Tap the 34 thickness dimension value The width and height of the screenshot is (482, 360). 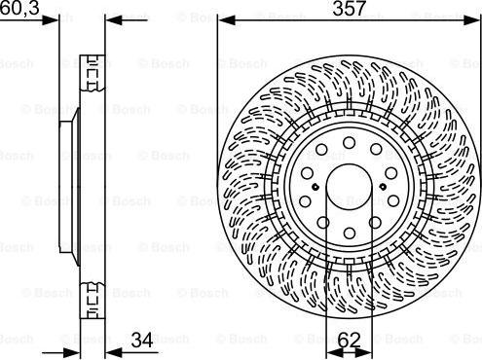click(x=142, y=340)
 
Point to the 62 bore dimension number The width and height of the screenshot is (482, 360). click(x=348, y=340)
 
